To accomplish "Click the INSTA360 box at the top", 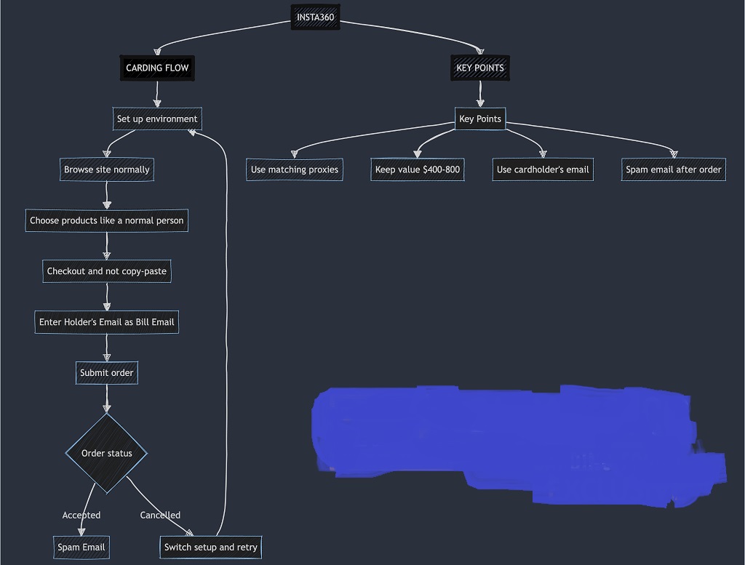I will [315, 17].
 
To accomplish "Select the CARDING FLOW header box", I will [157, 68].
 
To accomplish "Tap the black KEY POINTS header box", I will [479, 68].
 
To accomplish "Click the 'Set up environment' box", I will [157, 119].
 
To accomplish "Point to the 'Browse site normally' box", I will [107, 169].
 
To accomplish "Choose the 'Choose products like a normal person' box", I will [107, 220].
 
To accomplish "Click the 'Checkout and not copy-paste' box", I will [107, 271].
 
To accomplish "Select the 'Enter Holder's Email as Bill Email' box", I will [106, 322].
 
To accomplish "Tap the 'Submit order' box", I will [107, 373].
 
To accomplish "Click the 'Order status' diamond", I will [107, 453].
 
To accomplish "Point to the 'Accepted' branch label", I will [81, 515].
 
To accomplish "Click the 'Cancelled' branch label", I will [160, 515].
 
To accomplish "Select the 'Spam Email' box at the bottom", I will [81, 547].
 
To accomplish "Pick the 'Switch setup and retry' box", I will [210, 547].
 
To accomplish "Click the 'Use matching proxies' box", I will [295, 169].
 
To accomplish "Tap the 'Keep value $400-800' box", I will [418, 169].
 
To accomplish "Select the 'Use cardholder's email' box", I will [543, 169].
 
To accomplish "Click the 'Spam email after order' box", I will [674, 169].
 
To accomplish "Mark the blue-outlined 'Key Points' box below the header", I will [480, 119].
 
